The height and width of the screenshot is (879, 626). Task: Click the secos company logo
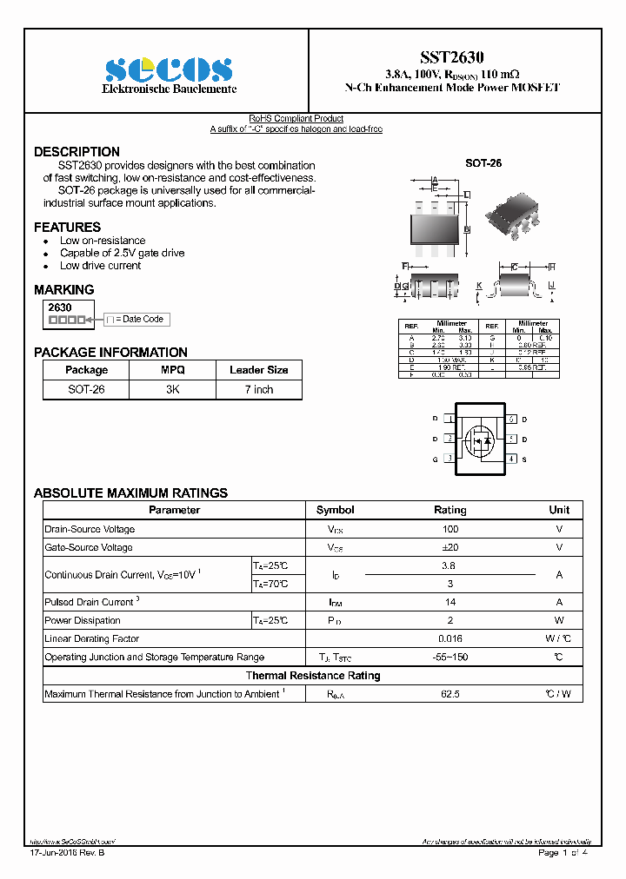point(168,69)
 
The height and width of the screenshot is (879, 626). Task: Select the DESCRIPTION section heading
point(77,152)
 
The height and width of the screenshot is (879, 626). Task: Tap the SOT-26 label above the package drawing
point(483,163)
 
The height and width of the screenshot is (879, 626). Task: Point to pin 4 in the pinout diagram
point(512,459)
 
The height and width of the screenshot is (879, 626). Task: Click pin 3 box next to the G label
point(450,459)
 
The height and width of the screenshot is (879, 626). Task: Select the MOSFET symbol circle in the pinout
point(480,439)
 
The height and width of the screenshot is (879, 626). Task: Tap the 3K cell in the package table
point(172,390)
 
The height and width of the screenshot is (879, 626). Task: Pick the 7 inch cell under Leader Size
point(258,390)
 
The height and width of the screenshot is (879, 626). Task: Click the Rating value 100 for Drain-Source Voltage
point(450,529)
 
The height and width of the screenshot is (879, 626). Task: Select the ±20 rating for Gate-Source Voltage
point(450,547)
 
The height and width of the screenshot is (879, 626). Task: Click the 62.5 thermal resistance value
point(450,694)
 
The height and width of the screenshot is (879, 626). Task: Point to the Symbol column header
point(335,510)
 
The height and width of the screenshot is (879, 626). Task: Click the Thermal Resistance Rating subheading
point(312,676)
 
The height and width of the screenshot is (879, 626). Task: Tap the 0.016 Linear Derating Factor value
point(450,638)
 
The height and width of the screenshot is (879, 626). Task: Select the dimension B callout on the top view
point(467,229)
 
